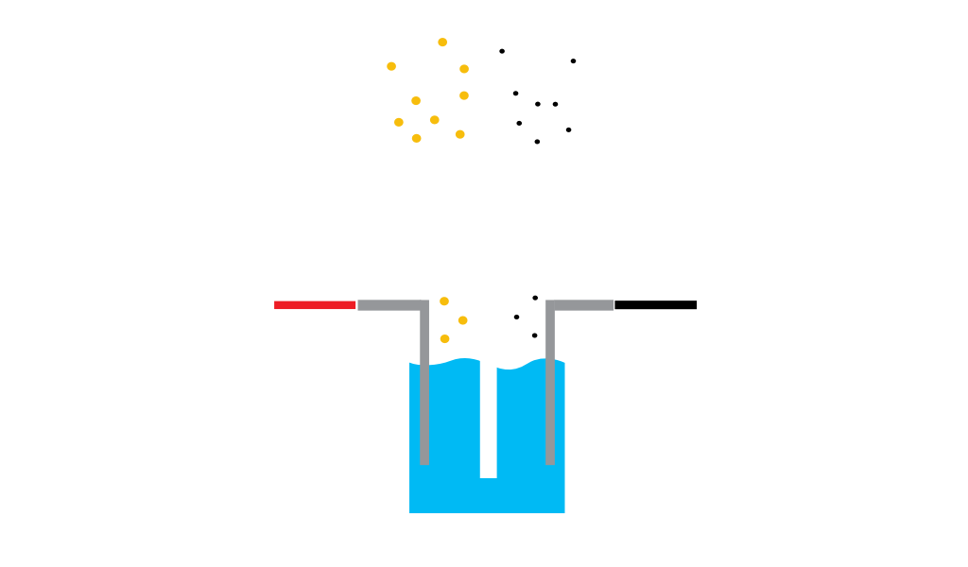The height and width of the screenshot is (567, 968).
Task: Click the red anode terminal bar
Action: (x=314, y=305)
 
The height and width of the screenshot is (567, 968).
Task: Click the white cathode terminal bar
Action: (x=656, y=304)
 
